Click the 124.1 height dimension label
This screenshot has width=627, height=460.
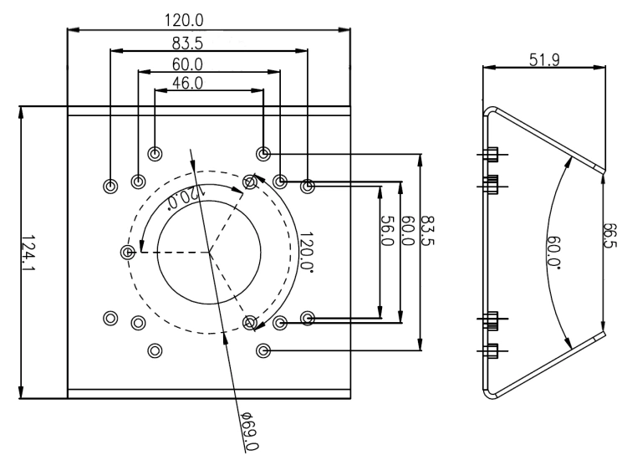coord(28,252)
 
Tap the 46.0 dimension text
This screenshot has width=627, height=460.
coord(187,83)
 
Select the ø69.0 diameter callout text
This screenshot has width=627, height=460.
coord(250,431)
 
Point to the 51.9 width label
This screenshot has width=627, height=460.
coord(544,60)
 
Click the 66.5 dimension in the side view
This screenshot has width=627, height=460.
coord(610,235)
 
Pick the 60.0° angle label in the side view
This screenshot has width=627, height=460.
coord(554,252)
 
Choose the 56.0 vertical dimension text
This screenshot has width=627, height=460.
coord(387,231)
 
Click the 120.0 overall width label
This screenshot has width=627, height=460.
coord(184,20)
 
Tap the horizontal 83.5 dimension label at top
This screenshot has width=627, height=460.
coord(187,43)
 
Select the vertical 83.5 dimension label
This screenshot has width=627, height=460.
coord(428,231)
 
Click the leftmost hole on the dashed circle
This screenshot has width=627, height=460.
coord(128,252)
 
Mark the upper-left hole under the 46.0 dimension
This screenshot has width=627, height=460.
coord(155,154)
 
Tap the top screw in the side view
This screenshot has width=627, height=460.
coord(492,154)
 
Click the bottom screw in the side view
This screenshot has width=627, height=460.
coord(492,350)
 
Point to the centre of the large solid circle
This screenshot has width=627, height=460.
coord(209,252)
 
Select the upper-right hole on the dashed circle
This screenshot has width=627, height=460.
coord(250,182)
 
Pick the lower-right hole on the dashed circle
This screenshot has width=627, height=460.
coord(250,322)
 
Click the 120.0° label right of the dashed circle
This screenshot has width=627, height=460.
coord(306,252)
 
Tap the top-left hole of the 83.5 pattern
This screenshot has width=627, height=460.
coord(110,186)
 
